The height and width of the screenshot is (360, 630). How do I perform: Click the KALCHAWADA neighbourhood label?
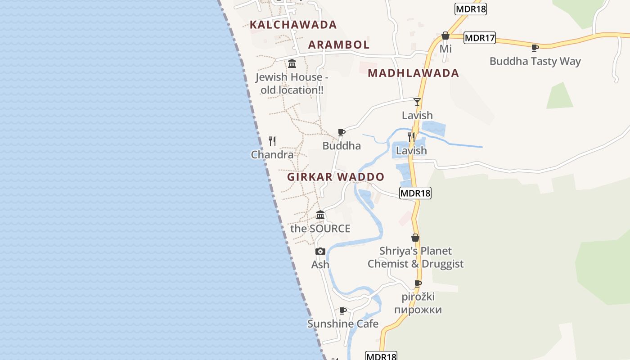pos(293,25)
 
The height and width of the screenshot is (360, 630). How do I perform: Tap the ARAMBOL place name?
pos(339,45)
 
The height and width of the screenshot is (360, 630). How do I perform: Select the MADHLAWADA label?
pos(413,73)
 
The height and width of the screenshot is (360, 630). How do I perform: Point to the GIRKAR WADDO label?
pos(336,177)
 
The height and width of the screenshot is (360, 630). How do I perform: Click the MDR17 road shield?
pos(480,38)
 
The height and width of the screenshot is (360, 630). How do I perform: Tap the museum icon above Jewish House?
pos(292,63)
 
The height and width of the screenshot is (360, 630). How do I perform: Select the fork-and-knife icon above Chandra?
pos(272,141)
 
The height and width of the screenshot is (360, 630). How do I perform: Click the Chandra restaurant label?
pos(272,155)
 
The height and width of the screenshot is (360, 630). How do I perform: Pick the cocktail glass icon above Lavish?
pos(417,102)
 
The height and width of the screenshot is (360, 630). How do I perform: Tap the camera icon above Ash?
pos(320,251)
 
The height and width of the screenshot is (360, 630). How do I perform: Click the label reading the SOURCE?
pos(320,229)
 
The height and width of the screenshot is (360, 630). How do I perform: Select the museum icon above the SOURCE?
pos(320,215)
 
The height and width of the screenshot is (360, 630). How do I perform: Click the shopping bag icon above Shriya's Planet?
pos(415,238)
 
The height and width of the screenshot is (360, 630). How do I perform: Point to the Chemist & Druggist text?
pos(415,264)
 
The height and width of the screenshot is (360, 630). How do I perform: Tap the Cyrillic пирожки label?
pos(418,310)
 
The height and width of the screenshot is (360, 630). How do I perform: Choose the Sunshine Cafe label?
pos(343,324)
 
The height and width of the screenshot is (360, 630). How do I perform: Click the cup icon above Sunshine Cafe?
pos(343,310)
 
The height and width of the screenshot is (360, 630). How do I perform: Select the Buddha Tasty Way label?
pos(535,61)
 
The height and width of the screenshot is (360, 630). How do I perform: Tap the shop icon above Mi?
pos(445,36)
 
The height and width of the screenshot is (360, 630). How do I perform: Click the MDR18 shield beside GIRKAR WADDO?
pos(415,193)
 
